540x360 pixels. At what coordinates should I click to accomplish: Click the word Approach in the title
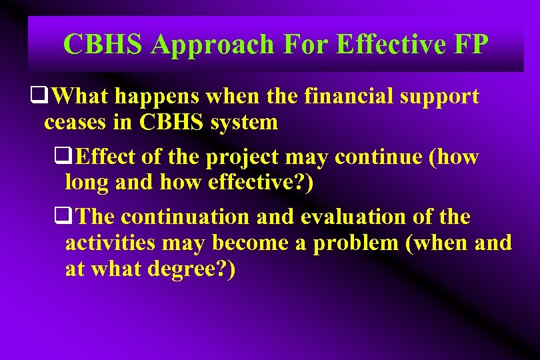(212, 45)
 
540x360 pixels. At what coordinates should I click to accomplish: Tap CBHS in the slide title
(104, 45)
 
